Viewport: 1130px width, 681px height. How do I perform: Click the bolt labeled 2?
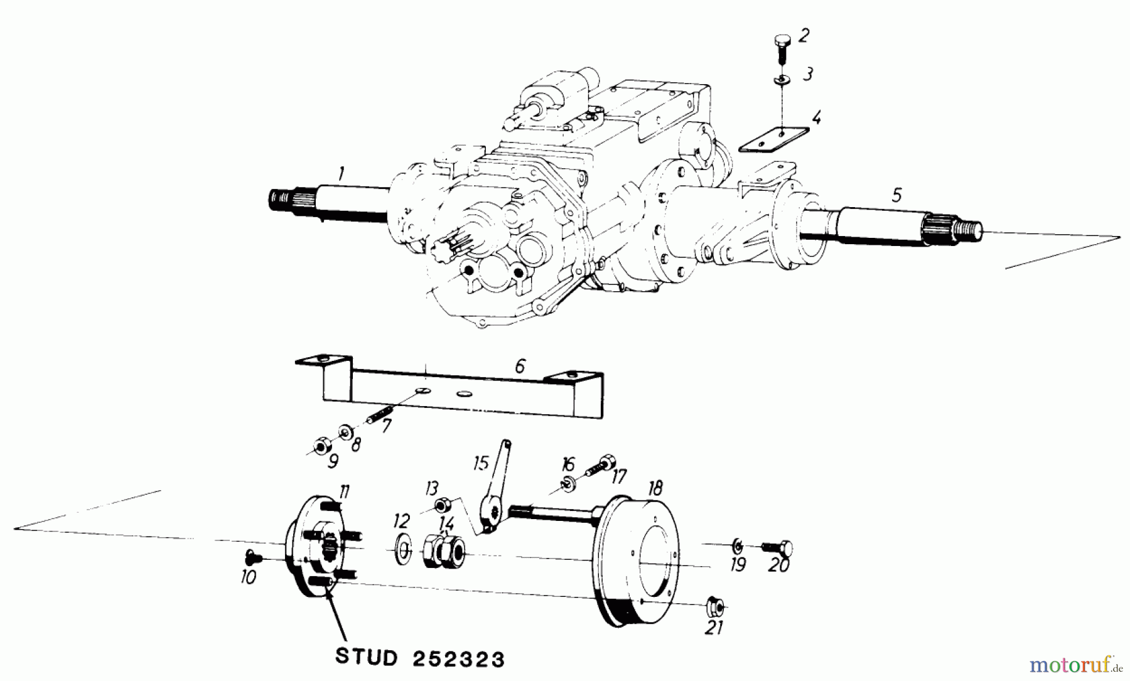[x=780, y=47]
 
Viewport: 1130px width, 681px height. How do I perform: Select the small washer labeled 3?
[x=781, y=80]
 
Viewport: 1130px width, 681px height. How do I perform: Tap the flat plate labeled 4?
[x=773, y=140]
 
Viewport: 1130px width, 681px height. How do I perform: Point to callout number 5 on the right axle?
[x=896, y=195]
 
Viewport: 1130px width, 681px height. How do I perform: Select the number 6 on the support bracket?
[x=519, y=367]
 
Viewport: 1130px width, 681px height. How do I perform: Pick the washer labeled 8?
[x=345, y=433]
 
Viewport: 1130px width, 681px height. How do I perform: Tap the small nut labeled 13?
[x=441, y=504]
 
